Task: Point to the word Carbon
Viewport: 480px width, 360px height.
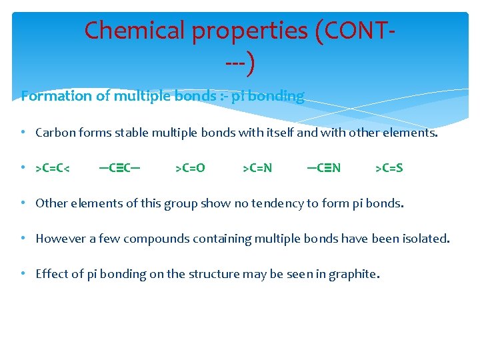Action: point(55,132)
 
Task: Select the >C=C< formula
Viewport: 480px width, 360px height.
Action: point(53,168)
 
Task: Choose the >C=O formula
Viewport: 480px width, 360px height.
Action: point(190,168)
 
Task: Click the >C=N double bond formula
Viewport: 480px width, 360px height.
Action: point(257,168)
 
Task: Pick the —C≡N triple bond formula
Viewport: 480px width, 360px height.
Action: point(323,168)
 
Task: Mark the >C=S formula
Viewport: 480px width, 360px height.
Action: point(389,168)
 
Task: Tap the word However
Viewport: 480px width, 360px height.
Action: point(61,238)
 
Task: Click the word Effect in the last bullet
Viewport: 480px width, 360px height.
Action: point(51,273)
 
